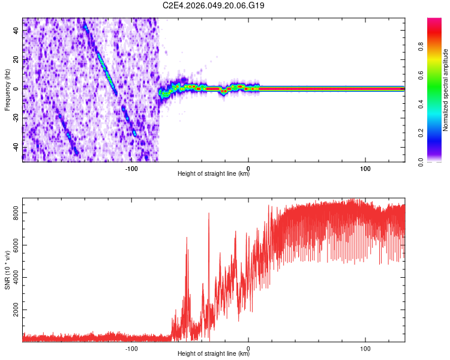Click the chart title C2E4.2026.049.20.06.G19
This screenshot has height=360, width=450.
pos(214,5)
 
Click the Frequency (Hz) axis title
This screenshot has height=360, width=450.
pos(7,90)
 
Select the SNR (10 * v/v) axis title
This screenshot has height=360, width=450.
pos(7,270)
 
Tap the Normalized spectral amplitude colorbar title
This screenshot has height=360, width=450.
pos(446,90)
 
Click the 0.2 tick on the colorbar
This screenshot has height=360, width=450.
pos(438,133)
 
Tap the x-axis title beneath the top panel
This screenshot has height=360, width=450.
pos(214,174)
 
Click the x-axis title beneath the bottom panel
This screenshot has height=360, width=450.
pos(214,354)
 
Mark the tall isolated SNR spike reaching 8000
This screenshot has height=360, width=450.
pos(209,214)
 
